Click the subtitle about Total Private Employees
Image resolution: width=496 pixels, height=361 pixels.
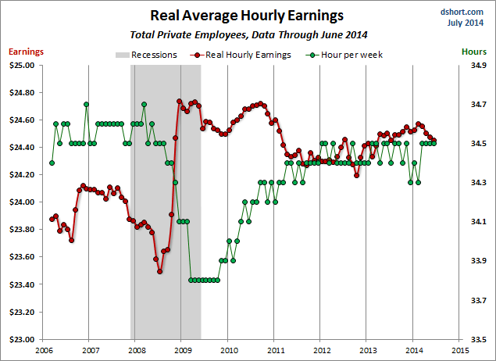pyautogui.click(x=248, y=34)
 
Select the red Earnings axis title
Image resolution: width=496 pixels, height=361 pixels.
pyautogui.click(x=26, y=52)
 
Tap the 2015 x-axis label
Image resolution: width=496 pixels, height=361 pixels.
pyautogui.click(x=459, y=350)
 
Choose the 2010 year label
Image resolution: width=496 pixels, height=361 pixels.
pyautogui.click(x=228, y=350)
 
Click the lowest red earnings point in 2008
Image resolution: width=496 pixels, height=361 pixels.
pyautogui.click(x=159, y=271)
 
